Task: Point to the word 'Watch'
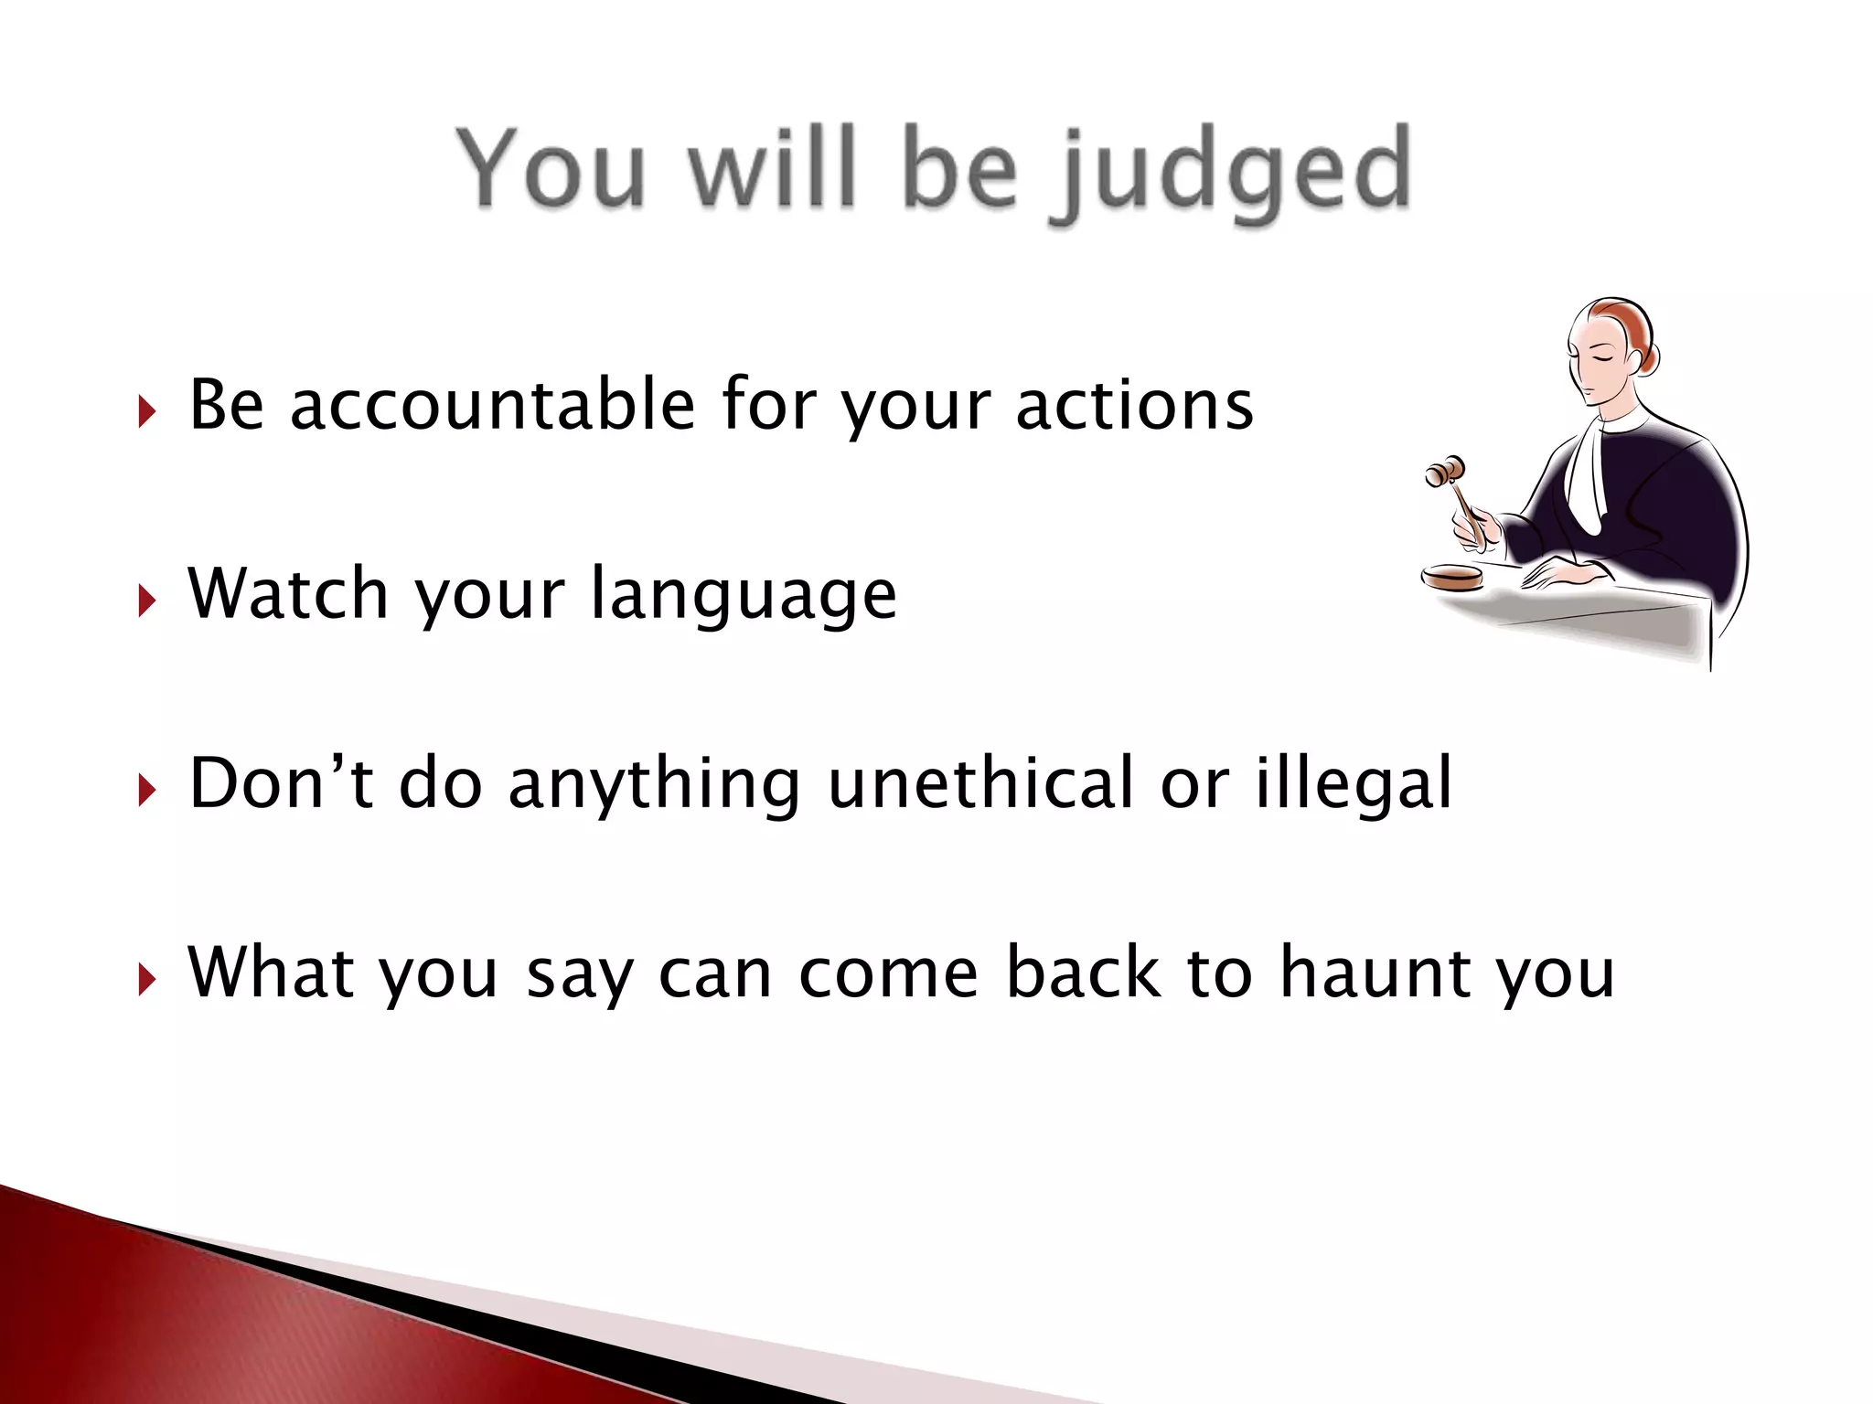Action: pyautogui.click(x=288, y=594)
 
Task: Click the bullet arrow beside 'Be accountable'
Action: pyautogui.click(x=146, y=412)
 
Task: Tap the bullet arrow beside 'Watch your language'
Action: pyautogui.click(x=146, y=601)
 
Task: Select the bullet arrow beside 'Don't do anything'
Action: pyautogui.click(x=146, y=791)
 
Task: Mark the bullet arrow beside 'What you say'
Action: pyautogui.click(x=146, y=980)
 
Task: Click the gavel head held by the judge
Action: pyautogui.click(x=1445, y=472)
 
